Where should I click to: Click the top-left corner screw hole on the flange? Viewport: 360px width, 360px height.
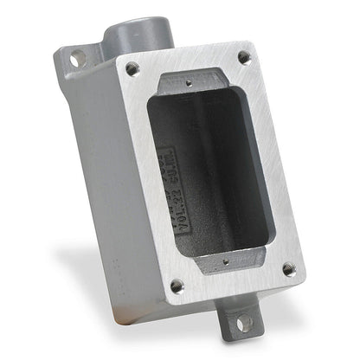132,67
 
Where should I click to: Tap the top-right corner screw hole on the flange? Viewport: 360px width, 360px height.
244,58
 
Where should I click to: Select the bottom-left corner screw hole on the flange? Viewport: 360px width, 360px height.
177,284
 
